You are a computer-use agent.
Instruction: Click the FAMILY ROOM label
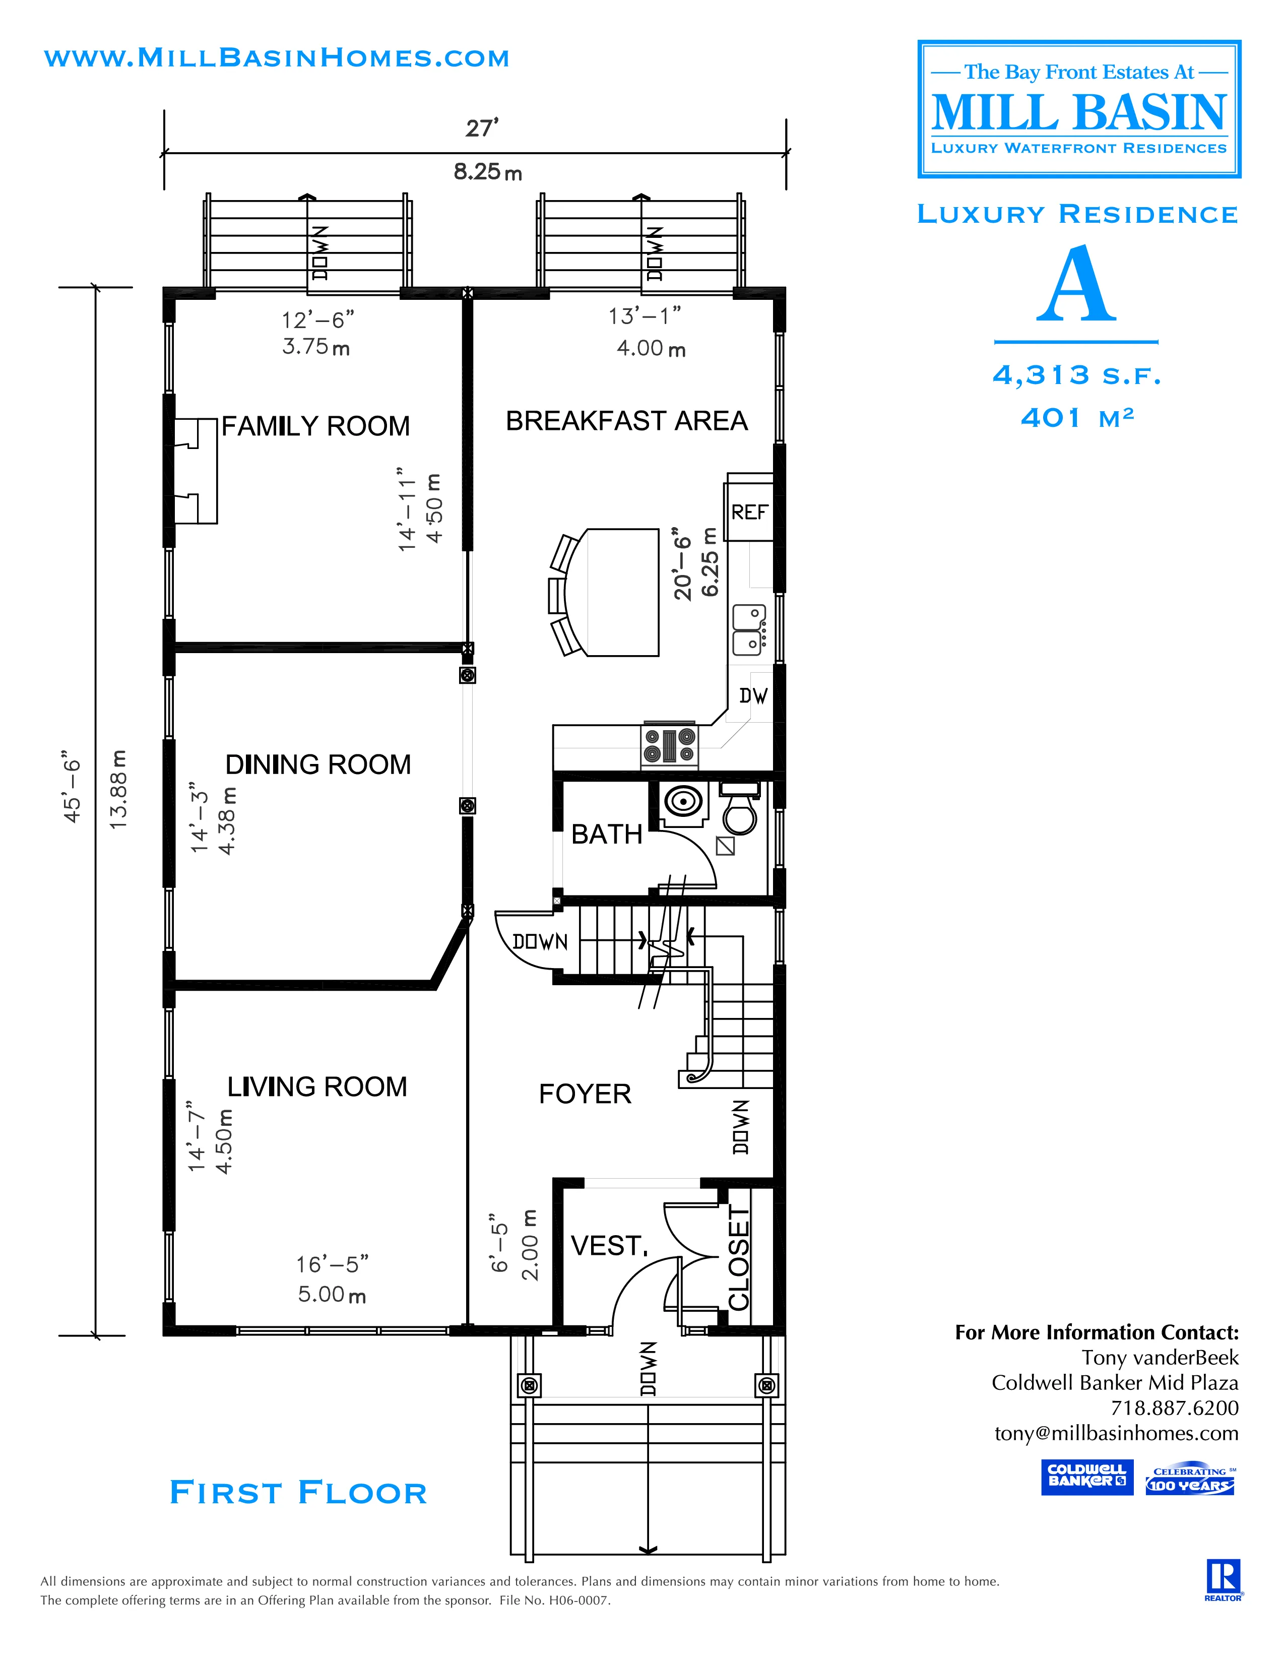(315, 426)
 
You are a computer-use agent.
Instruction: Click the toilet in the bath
(738, 811)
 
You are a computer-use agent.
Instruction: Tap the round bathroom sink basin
(683, 802)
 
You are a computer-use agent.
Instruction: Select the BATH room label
(607, 835)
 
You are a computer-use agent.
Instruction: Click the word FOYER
(585, 1094)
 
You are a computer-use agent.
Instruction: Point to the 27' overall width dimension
(482, 128)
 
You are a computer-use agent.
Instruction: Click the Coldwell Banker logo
(1086, 1477)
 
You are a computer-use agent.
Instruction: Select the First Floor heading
(298, 1493)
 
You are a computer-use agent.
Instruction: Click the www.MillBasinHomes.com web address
(276, 58)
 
